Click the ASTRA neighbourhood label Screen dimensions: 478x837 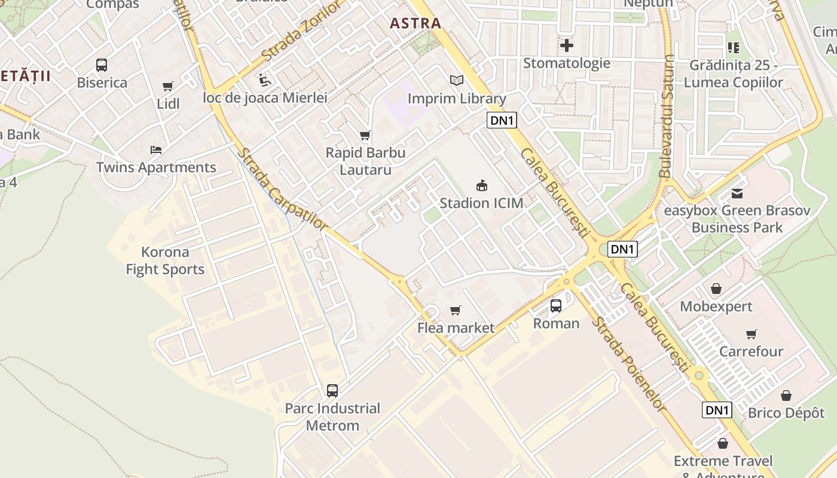[x=415, y=23]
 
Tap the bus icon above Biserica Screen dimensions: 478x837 [x=102, y=65]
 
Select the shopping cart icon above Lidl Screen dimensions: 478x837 [x=168, y=87]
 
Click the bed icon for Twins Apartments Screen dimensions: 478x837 [x=156, y=150]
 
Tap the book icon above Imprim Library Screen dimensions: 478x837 [x=457, y=80]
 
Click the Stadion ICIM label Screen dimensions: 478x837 [x=481, y=203]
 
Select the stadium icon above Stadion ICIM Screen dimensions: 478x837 [x=481, y=185]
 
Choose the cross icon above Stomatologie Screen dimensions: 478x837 [x=567, y=45]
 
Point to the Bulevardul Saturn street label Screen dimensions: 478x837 [x=667, y=117]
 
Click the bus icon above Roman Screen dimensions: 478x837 [x=556, y=306]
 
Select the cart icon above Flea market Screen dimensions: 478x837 [x=456, y=310]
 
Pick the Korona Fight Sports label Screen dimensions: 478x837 [x=165, y=261]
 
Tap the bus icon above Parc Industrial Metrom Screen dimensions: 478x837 [x=332, y=391]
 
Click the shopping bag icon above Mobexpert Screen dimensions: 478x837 [x=716, y=289]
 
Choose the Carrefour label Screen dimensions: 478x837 [x=751, y=351]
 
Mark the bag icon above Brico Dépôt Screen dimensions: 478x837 [x=786, y=396]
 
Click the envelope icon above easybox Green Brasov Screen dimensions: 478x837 [x=737, y=194]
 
